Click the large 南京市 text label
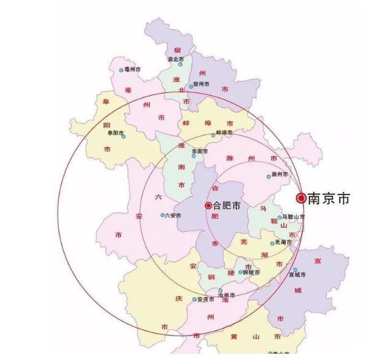[x=329, y=199]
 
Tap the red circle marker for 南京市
[x=301, y=198]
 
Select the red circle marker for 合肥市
[x=208, y=205]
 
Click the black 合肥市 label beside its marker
[x=228, y=205]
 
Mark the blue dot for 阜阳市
[x=124, y=137]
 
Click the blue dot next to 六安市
[x=162, y=215]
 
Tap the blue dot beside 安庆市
[x=194, y=299]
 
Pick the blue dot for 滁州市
[x=269, y=177]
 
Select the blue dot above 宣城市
[x=295, y=270]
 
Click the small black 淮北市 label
[x=176, y=59]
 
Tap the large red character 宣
[x=318, y=261]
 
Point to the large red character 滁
[x=229, y=158]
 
